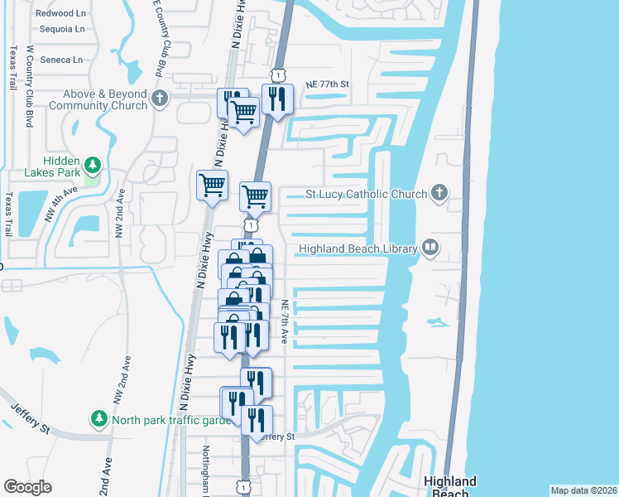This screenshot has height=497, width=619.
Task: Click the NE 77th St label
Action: [x=328, y=84]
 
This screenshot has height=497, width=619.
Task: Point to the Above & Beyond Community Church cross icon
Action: [x=161, y=99]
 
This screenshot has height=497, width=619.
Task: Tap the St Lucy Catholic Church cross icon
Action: [x=439, y=194]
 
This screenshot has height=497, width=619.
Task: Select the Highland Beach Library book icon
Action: [x=430, y=248]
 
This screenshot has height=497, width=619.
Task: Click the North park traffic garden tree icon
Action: [x=99, y=417]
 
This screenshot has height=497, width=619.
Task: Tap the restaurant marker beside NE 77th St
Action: [x=277, y=99]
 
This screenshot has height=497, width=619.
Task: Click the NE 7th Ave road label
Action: [x=284, y=321]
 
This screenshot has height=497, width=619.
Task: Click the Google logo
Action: [x=27, y=487]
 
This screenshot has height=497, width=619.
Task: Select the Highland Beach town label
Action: [x=449, y=486]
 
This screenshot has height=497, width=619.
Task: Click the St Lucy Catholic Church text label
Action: [x=366, y=195]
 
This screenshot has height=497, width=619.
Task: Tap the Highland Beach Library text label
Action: [x=357, y=248]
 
